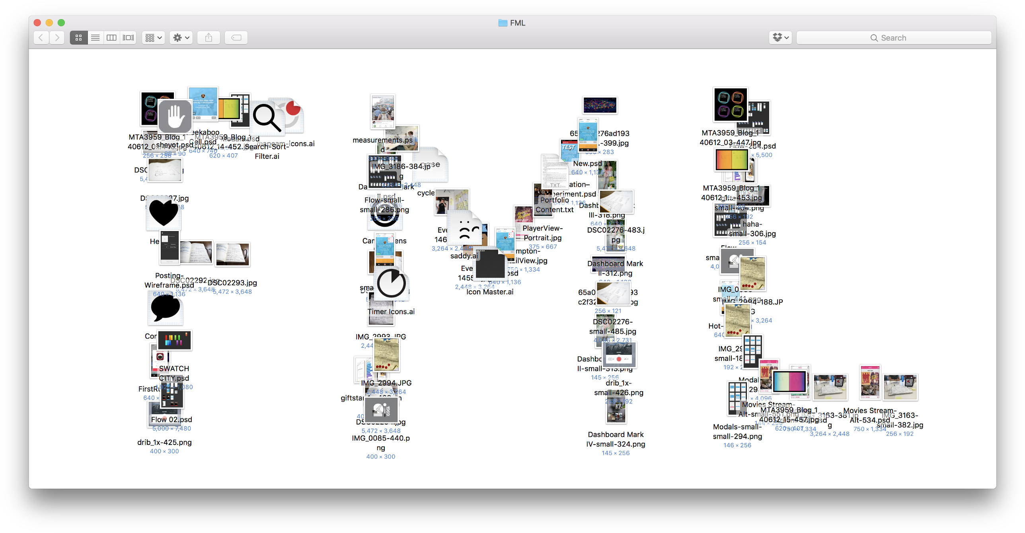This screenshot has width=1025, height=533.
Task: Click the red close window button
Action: [37, 23]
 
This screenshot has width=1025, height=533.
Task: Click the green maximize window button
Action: [61, 23]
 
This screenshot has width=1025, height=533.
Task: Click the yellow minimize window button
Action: [49, 23]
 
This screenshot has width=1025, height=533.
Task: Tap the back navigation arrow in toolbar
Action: [41, 38]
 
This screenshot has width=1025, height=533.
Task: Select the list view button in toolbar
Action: [95, 38]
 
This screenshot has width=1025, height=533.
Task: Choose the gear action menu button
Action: [181, 38]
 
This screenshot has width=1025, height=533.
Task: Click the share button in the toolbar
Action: [209, 38]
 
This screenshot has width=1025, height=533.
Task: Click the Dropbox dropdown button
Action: [780, 38]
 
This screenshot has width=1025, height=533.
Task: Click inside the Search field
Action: [893, 38]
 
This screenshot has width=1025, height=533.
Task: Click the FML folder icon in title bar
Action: [503, 23]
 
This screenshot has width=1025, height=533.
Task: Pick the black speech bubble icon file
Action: [165, 308]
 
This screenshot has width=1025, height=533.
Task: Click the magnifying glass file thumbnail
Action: [267, 118]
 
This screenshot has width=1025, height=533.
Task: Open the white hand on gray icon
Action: [175, 116]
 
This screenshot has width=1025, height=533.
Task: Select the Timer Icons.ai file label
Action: [391, 312]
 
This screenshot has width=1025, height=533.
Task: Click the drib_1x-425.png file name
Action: [164, 442]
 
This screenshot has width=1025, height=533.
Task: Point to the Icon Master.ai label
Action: [490, 292]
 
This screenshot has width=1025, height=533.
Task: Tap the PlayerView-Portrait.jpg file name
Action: [542, 233]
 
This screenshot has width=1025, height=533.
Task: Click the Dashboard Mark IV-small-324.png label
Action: [616, 439]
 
